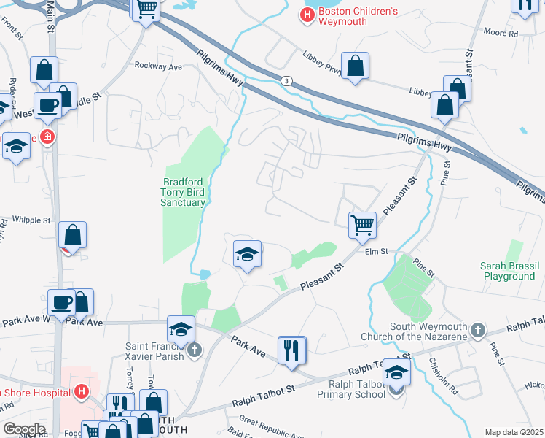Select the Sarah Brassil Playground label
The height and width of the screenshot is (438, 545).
508,271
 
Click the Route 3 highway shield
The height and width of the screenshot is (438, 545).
289,80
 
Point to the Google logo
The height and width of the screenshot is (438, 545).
24,429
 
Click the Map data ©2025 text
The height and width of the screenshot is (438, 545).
514,432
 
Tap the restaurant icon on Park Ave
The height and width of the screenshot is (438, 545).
292,350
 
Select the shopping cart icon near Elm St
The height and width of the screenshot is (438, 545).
362,224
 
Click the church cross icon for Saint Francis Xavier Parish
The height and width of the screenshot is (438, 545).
194,351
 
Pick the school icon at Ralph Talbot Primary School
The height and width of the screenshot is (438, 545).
397,372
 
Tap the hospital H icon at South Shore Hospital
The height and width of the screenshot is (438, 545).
82,391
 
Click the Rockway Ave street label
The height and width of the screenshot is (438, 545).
158,66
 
